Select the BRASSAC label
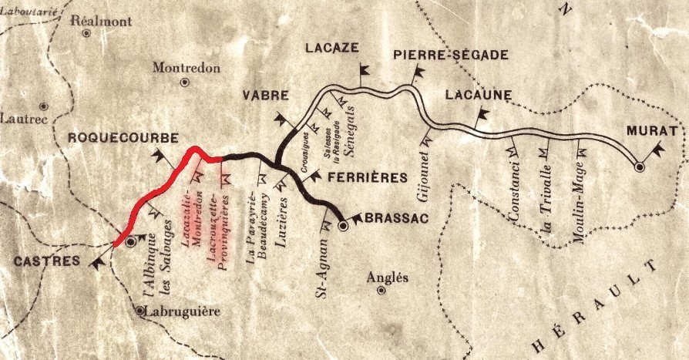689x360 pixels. click(x=395, y=218)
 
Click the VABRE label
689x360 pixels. click(x=265, y=96)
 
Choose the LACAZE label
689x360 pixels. click(x=331, y=48)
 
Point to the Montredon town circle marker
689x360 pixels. click(x=183, y=82)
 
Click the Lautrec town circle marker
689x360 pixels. click(x=44, y=106)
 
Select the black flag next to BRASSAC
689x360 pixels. click(x=356, y=217)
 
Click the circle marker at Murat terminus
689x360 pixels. click(x=638, y=166)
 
